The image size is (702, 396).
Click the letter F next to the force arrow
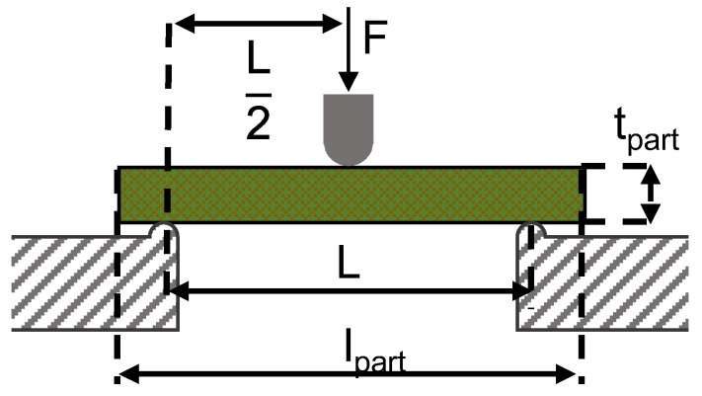[x=375, y=37]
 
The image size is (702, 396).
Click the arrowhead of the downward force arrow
[x=349, y=82]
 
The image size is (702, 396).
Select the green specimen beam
[x=351, y=195]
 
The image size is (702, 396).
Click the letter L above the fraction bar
[x=259, y=57]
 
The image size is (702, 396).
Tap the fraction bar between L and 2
[x=259, y=95]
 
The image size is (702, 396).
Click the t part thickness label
[x=647, y=130]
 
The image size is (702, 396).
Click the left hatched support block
[x=95, y=282]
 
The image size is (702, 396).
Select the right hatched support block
[x=602, y=282]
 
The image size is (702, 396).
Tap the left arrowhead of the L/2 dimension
[x=185, y=24]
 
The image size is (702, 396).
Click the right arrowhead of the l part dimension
[x=566, y=373]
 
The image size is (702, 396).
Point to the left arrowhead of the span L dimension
[x=178, y=291]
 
